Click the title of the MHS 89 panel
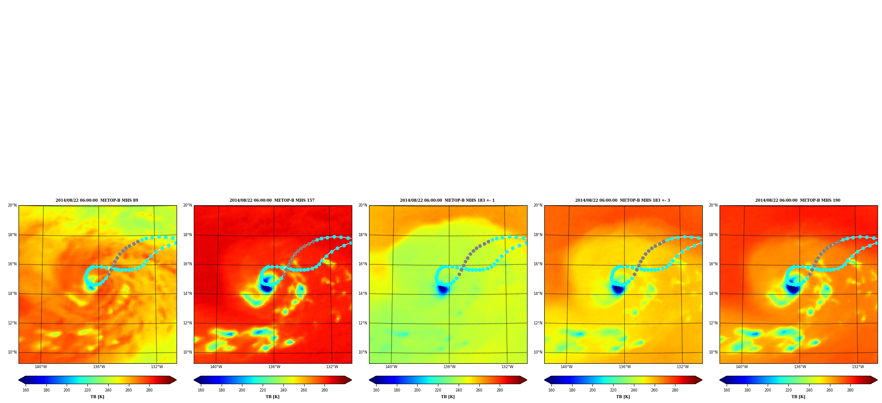[97, 200]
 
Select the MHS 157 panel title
[272, 200]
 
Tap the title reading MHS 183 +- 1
[447, 200]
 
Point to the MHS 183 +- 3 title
[622, 200]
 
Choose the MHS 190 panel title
[798, 200]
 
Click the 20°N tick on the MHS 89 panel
[12, 205]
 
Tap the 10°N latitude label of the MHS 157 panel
[187, 352]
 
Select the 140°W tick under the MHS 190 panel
[742, 367]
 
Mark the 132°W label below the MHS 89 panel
[157, 367]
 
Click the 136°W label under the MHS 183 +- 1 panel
[449, 367]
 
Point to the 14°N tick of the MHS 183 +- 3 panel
[538, 294]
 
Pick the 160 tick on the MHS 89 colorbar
[26, 390]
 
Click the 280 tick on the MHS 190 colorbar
[850, 390]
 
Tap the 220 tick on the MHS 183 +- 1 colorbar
[438, 390]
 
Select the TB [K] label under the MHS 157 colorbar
[272, 397]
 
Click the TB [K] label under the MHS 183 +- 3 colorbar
[623, 397]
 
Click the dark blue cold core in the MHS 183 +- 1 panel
[442, 290]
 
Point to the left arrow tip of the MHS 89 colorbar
[19, 380]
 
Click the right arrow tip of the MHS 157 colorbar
[351, 380]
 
